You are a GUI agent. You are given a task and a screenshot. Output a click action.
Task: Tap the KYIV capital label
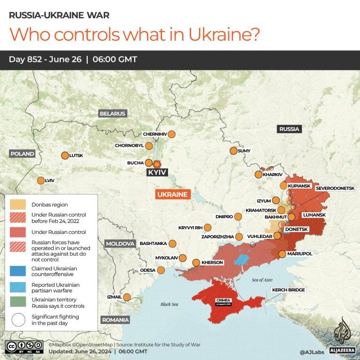coord(157,173)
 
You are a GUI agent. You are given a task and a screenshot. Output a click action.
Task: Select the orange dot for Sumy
coord(233,151)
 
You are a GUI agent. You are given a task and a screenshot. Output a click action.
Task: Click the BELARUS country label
coord(112,114)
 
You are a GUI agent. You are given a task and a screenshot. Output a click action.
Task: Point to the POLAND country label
coord(23,154)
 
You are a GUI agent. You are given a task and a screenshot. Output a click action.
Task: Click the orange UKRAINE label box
coord(173,194)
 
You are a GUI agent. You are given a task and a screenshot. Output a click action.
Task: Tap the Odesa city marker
coord(161,270)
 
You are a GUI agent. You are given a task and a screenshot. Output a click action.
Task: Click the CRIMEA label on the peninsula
coord(223,300)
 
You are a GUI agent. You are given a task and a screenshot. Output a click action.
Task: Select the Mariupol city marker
coord(282,254)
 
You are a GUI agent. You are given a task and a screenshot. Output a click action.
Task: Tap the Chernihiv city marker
coord(172,134)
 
